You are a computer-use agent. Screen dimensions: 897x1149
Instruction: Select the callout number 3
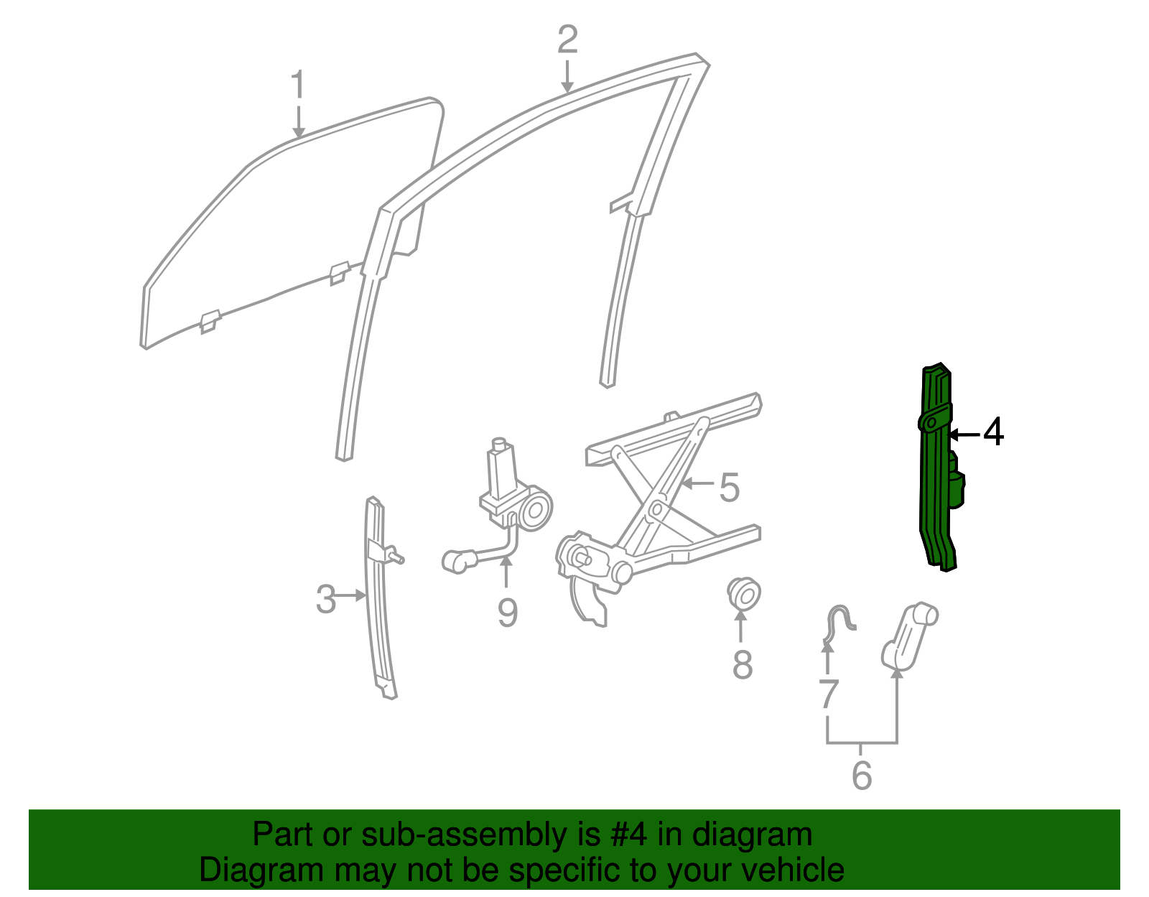click(326, 599)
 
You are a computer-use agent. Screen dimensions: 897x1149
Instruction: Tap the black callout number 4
click(993, 433)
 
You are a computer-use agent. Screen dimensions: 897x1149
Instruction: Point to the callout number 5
click(729, 488)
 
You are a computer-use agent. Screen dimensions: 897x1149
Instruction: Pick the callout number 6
click(862, 776)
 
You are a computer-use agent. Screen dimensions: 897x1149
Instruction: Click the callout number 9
click(507, 613)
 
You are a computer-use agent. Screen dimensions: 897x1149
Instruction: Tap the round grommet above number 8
click(744, 594)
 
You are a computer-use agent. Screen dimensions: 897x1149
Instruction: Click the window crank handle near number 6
click(908, 632)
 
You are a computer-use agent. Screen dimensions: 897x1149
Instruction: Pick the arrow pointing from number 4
click(964, 434)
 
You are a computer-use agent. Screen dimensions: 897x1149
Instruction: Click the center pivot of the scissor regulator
click(655, 509)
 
